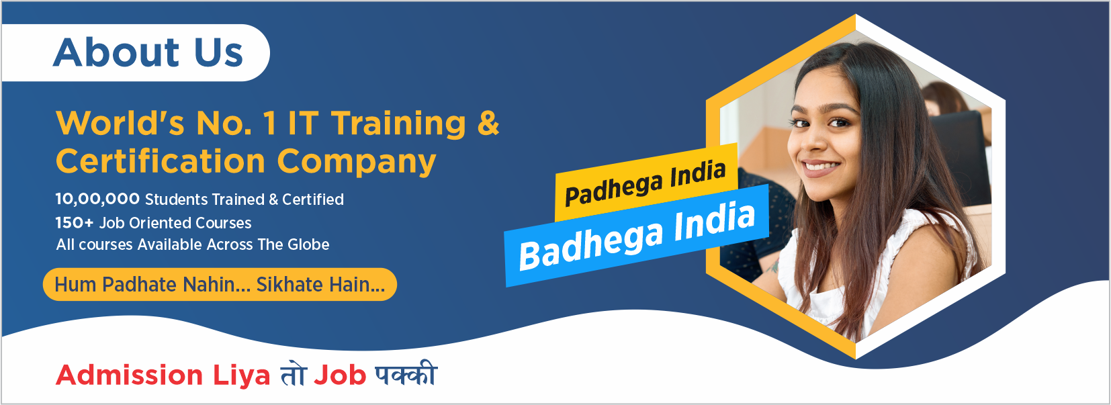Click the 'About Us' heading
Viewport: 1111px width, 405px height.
pyautogui.click(x=148, y=52)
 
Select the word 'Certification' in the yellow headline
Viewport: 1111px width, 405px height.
pyautogui.click(x=161, y=161)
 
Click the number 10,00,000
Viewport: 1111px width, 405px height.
pyautogui.click(x=97, y=199)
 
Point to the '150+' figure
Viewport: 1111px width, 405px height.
pyautogui.click(x=75, y=222)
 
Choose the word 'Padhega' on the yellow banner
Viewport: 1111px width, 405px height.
pyautogui.click(x=613, y=189)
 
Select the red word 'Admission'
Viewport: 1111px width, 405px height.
pyautogui.click(x=130, y=375)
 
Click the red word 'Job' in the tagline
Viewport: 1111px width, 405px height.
pyautogui.click(x=340, y=375)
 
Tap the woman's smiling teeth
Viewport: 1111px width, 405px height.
pyautogui.click(x=820, y=165)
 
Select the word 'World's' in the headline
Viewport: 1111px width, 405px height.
pyautogui.click(x=120, y=123)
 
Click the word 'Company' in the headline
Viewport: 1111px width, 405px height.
pyautogui.click(x=357, y=162)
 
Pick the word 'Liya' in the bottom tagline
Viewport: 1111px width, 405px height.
pyautogui.click(x=242, y=375)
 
